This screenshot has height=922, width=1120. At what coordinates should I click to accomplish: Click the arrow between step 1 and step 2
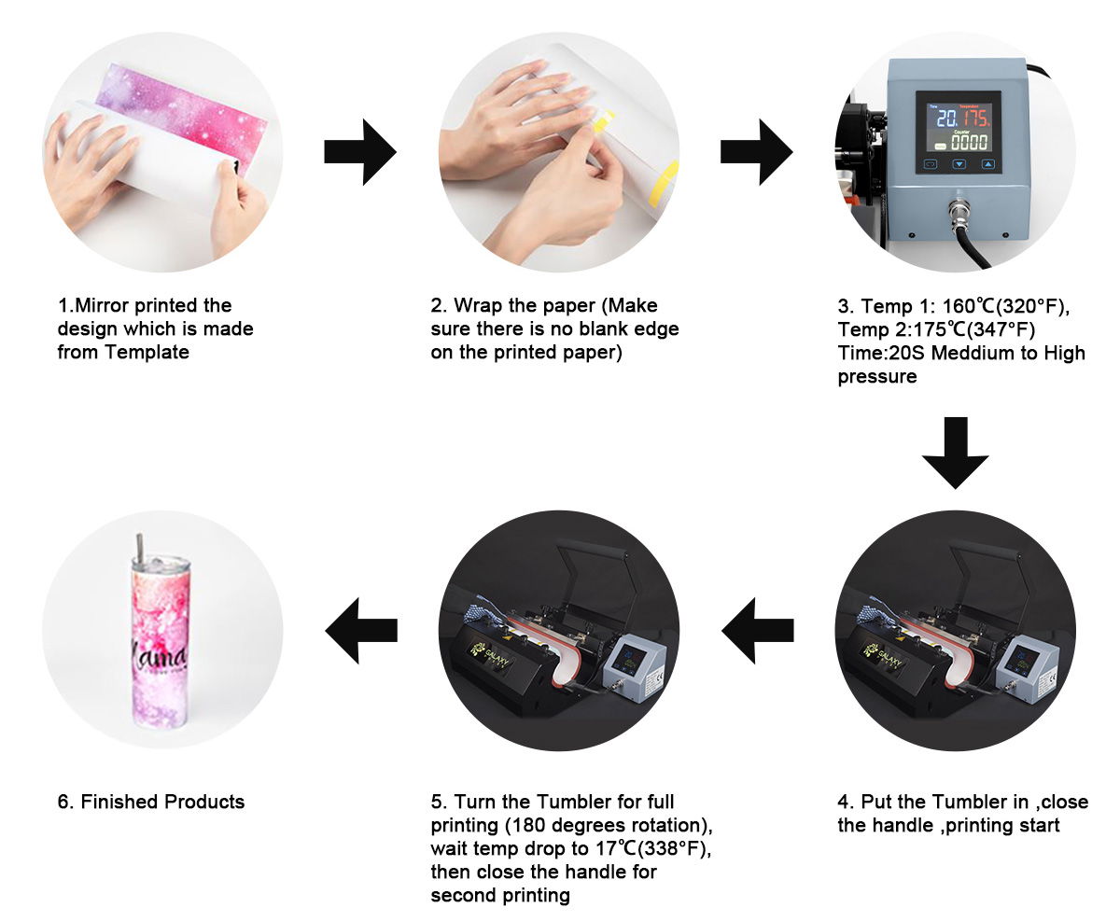click(360, 152)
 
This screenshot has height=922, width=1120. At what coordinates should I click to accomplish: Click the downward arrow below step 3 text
click(955, 453)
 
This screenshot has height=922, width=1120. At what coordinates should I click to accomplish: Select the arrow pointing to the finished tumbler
click(361, 631)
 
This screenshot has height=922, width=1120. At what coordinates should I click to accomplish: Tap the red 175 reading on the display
click(976, 118)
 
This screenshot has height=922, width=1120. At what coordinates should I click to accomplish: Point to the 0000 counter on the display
click(969, 142)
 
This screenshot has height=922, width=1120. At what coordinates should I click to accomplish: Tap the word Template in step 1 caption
click(147, 352)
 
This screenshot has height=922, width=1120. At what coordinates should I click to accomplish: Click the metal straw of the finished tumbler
click(140, 546)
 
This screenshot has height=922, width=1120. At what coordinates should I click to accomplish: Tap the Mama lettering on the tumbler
click(160, 660)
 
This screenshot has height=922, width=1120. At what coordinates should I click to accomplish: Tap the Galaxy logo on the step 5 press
click(490, 656)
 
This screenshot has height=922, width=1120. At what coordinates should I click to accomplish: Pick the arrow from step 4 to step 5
click(757, 631)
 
